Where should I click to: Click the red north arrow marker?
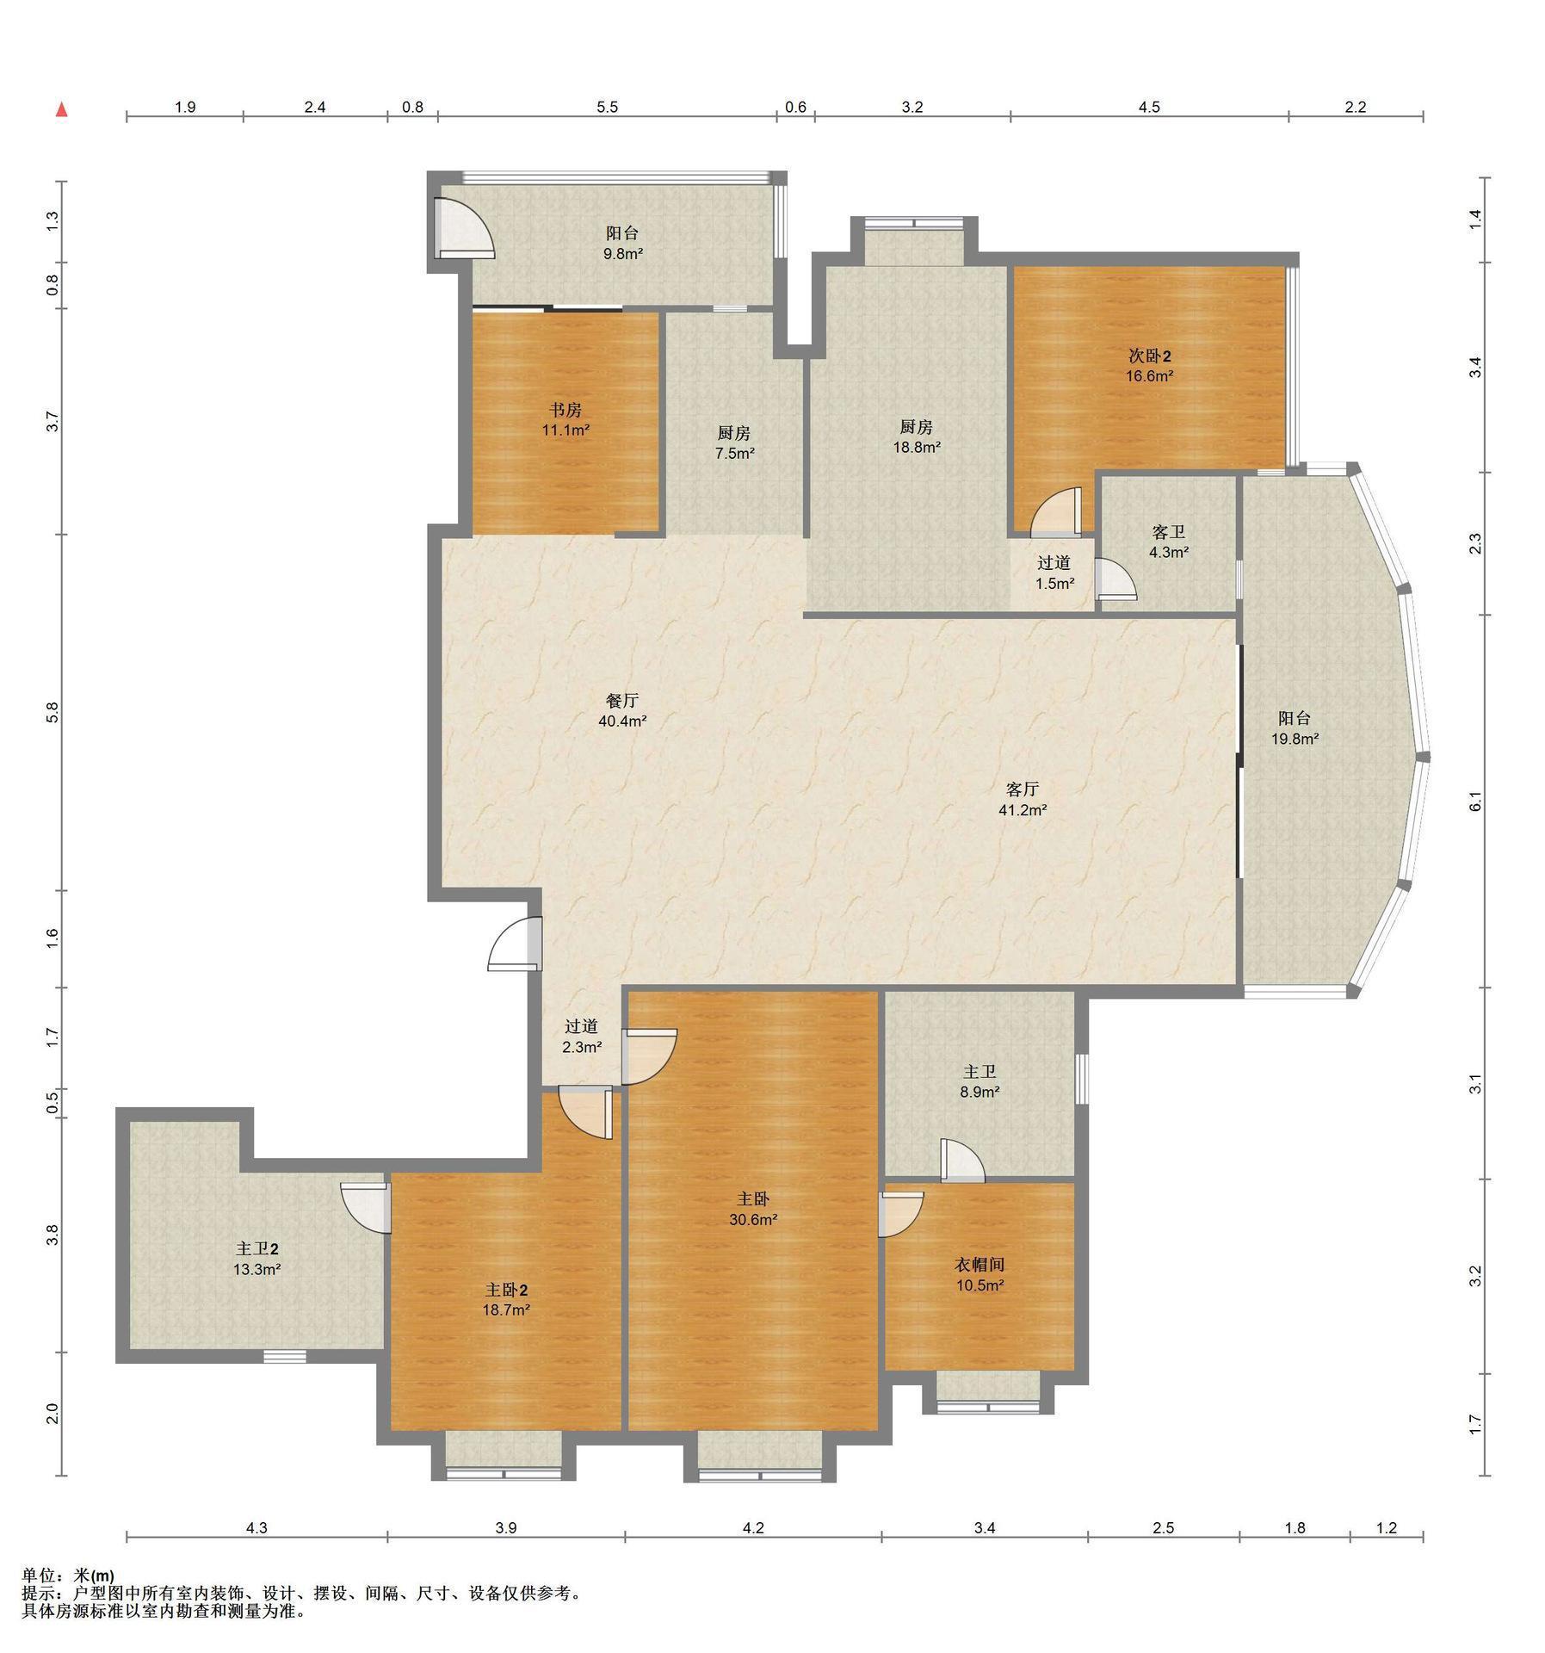click(61, 109)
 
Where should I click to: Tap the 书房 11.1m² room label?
click(565, 420)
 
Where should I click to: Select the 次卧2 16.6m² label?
click(1150, 366)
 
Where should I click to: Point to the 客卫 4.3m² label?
click(1169, 542)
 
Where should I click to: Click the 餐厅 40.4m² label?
click(622, 711)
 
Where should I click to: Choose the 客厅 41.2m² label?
click(1023, 799)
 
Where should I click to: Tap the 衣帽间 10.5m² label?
click(980, 1274)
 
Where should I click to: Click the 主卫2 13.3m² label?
click(256, 1259)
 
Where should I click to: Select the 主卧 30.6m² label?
click(753, 1209)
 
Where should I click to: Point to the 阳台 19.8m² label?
click(1295, 728)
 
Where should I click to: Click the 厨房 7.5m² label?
click(734, 443)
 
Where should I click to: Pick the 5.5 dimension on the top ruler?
click(608, 108)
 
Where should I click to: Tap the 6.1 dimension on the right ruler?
click(1475, 801)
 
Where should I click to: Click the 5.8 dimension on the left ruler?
click(53, 712)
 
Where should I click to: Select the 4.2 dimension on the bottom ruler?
click(753, 1528)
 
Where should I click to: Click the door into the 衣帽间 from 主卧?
click(900, 1214)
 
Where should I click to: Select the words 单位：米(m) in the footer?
click(68, 1577)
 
